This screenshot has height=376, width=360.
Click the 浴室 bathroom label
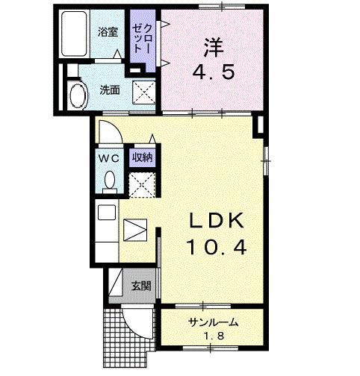click(x=109, y=32)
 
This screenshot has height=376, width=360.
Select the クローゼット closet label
click(x=140, y=37)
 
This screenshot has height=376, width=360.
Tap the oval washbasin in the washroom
click(x=77, y=95)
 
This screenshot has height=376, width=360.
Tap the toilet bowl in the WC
click(x=109, y=181)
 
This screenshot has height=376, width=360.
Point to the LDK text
click(x=214, y=222)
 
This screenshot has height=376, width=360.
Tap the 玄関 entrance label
click(x=140, y=286)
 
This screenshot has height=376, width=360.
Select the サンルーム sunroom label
click(x=213, y=322)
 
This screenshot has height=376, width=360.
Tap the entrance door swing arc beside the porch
click(x=137, y=323)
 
